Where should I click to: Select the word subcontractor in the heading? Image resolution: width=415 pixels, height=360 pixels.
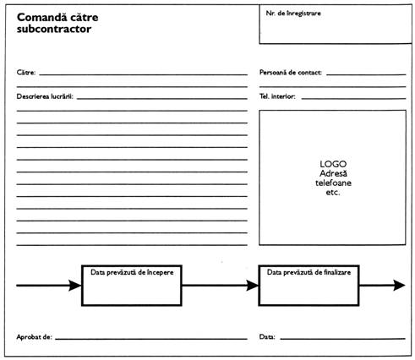tap(54, 29)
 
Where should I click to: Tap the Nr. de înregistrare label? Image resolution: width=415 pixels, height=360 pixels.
tap(293, 14)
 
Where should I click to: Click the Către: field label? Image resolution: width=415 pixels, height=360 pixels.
tap(26, 73)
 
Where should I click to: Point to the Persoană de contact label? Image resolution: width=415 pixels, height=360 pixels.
tap(291, 73)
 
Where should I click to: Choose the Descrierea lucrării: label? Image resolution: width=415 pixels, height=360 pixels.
tap(45, 96)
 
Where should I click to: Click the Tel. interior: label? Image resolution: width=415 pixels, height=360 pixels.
tap(277, 96)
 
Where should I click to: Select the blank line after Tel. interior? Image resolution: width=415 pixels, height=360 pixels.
tap(353, 99)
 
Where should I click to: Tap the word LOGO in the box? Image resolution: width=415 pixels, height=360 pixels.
tap(333, 164)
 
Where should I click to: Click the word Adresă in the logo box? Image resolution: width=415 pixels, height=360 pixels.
tap(333, 173)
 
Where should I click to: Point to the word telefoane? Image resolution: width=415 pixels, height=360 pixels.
tap(333, 183)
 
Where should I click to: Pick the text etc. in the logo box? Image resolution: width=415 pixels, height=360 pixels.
tap(333, 193)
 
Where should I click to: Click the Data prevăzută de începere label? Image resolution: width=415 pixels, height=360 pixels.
tap(132, 272)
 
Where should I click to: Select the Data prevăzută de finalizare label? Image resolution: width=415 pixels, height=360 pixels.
tap(309, 272)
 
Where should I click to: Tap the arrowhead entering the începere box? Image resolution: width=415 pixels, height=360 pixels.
tap(75, 286)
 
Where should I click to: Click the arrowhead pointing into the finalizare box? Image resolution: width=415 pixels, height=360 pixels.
tap(253, 286)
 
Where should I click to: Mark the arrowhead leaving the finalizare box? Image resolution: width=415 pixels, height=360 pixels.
tap(399, 286)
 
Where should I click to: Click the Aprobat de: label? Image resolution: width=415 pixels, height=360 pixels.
tap(34, 337)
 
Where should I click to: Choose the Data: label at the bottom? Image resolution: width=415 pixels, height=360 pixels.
tap(267, 337)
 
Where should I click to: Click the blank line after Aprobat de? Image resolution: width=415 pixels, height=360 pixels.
tap(151, 339)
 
